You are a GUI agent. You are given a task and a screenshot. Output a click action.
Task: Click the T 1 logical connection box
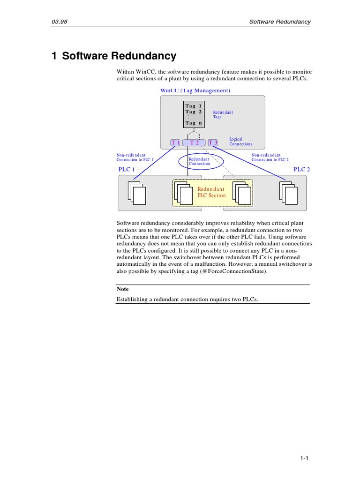coord(175,142)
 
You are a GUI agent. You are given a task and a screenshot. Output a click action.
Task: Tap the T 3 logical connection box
coord(213,142)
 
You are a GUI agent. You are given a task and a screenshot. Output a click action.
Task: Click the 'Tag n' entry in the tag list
coord(193,123)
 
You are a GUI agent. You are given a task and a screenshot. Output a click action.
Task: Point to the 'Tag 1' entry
coord(193,106)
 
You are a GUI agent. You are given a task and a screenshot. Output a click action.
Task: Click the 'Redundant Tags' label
coord(223,114)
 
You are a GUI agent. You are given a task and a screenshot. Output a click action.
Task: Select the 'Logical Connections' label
coord(240,142)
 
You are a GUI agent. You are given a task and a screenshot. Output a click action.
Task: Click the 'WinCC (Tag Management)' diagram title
coord(195,90)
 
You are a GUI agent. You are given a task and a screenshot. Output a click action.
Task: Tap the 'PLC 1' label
coord(127,170)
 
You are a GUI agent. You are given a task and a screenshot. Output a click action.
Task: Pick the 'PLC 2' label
coord(301,170)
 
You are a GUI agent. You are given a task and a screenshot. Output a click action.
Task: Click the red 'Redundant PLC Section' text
coord(211,192)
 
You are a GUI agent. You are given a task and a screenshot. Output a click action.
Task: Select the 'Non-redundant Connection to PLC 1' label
coord(135,157)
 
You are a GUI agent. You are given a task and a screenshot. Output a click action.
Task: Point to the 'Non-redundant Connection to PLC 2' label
coord(270,157)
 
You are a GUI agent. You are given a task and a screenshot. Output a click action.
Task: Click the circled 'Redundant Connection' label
coord(200,161)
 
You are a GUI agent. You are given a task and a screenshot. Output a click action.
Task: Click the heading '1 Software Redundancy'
coord(114,56)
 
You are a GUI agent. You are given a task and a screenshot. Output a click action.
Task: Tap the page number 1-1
coord(304,459)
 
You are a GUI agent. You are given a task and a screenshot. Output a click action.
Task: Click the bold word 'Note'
coord(122,289)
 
